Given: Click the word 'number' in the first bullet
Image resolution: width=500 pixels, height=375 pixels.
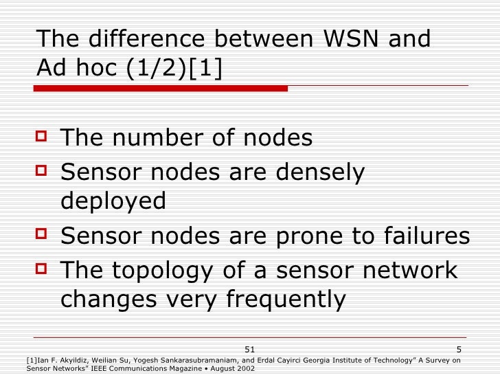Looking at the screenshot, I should click(155, 138).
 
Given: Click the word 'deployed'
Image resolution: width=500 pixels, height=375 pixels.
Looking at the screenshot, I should click(113, 201).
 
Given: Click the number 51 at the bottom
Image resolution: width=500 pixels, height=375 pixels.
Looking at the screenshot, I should click(250, 350).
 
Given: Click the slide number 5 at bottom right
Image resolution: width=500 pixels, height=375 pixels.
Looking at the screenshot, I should click(466, 350).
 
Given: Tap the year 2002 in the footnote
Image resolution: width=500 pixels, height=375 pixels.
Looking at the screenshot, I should click(245, 368).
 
